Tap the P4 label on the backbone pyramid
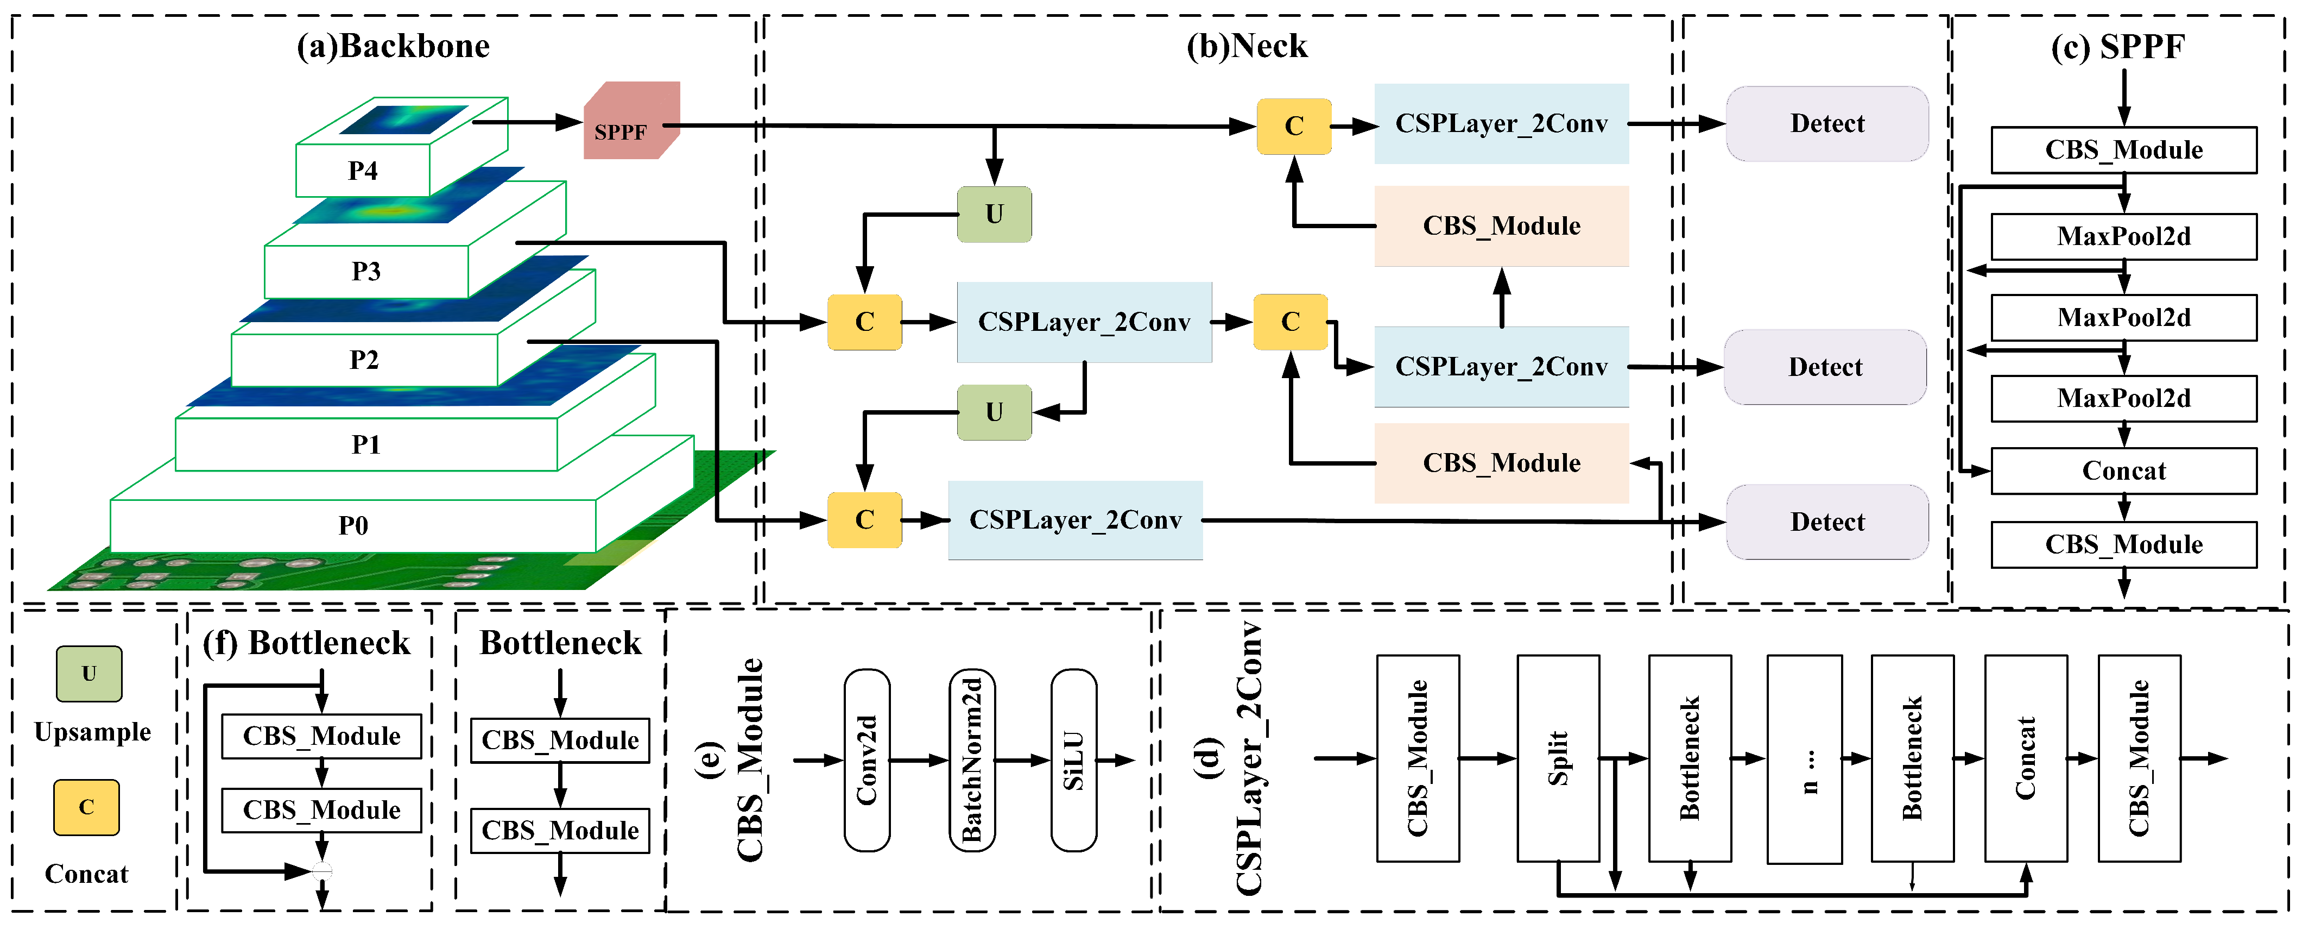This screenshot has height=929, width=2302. (363, 170)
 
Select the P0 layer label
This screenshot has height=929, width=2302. (353, 525)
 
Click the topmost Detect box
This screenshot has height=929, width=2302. (1826, 123)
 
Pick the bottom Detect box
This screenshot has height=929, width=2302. (1826, 522)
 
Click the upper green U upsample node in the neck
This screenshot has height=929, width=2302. (994, 215)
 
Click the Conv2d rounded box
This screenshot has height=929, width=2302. (866, 760)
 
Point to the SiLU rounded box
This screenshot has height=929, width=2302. (1073, 760)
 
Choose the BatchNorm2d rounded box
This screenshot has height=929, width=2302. (971, 760)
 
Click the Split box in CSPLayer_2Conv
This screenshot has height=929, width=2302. (1558, 758)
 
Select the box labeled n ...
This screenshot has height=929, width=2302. (1804, 758)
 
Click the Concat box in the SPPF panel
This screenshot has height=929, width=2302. (2123, 471)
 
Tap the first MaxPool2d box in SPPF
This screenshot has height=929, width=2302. (2123, 236)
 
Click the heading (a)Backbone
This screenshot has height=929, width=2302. (393, 46)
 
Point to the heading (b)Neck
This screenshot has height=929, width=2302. (1247, 46)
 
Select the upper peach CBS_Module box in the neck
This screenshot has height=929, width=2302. (1501, 226)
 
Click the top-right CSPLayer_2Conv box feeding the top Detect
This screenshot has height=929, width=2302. (1501, 123)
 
